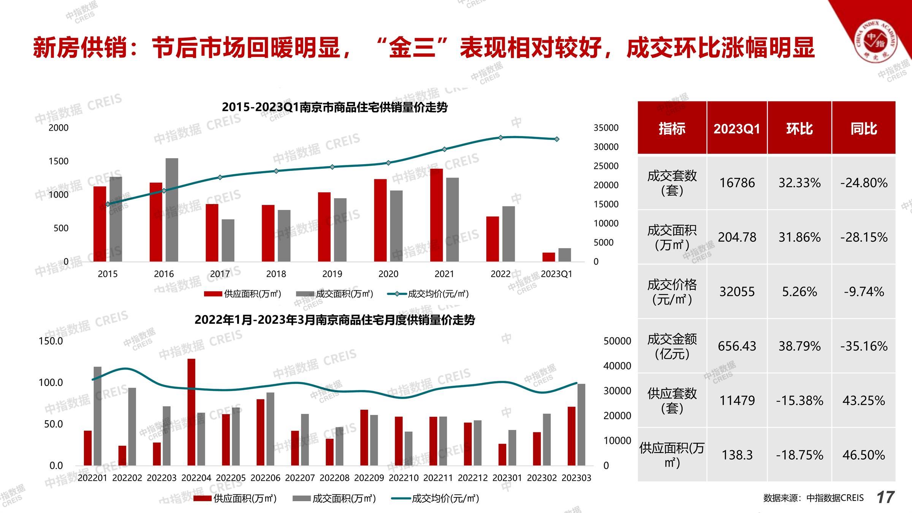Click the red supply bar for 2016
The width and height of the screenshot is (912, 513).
click(x=156, y=222)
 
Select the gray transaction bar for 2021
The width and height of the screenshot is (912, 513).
click(x=452, y=220)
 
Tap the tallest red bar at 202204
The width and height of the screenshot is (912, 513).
click(x=192, y=412)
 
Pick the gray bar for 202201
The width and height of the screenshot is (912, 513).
click(x=98, y=416)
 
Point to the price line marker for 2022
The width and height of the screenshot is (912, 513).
click(x=500, y=138)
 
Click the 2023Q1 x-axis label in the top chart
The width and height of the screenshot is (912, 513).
click(x=556, y=274)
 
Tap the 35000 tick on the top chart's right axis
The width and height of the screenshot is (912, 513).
click(x=606, y=128)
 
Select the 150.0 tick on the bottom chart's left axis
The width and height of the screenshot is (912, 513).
click(x=51, y=341)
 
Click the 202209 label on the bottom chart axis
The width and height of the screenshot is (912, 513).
click(x=369, y=478)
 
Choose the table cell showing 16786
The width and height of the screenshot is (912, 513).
click(x=737, y=183)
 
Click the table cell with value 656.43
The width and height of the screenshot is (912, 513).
click(x=737, y=346)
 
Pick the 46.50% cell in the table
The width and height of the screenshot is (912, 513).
click(x=863, y=455)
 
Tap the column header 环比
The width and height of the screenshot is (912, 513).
click(x=799, y=128)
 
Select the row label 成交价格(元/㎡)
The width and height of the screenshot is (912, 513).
click(x=672, y=292)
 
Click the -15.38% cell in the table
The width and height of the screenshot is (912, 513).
click(x=799, y=401)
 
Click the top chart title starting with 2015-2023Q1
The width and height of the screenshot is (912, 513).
click(x=334, y=107)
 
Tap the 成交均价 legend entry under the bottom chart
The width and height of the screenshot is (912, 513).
click(x=435, y=498)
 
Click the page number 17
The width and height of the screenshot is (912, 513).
click(x=885, y=497)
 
